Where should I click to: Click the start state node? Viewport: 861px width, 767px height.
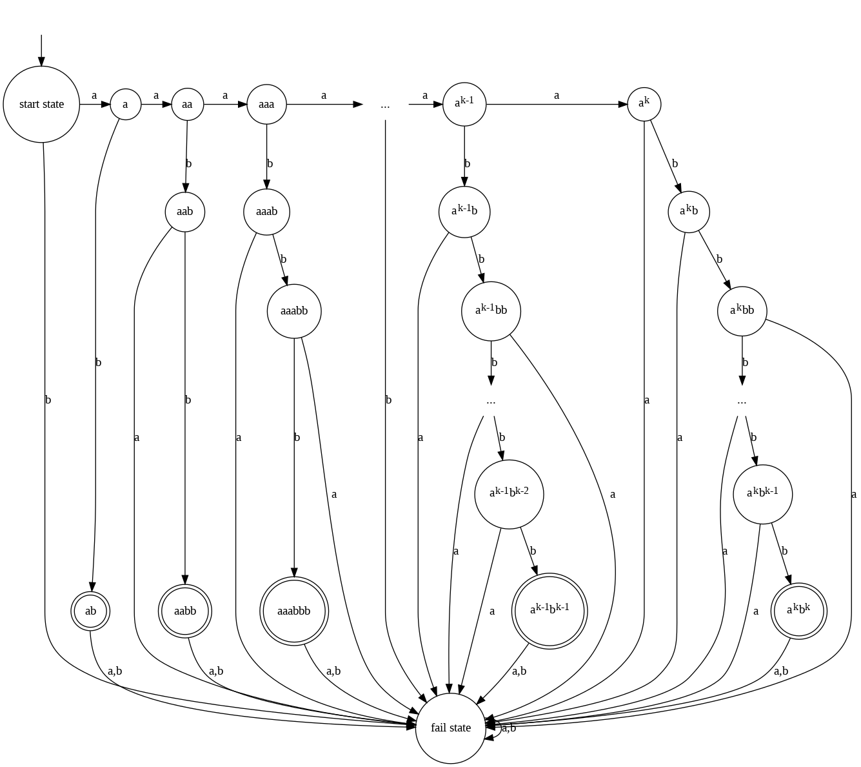coord(42,104)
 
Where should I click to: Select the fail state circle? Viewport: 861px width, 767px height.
coord(451,728)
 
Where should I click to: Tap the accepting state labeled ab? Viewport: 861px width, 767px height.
coord(90,611)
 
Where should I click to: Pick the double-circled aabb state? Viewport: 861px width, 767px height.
coord(185,611)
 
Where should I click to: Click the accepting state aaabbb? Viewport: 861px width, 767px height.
coord(294,611)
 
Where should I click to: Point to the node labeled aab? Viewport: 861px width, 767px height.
coord(185,211)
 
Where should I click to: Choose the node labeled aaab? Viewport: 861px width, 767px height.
coord(266,211)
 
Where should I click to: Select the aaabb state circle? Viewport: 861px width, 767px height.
coord(294,311)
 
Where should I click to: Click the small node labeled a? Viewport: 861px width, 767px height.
coord(125,104)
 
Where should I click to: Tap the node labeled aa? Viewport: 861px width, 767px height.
coord(187,104)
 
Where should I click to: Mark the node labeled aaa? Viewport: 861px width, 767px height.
coord(266,104)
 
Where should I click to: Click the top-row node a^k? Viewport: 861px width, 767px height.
coord(644,104)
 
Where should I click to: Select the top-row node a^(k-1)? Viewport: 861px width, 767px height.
coord(464,104)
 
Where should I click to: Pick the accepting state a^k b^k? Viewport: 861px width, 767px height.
coord(798,611)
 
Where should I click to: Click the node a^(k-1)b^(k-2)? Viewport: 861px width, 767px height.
coord(509,494)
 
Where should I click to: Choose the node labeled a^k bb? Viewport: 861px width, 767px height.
coord(742,311)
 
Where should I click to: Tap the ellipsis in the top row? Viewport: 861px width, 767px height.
coord(385,105)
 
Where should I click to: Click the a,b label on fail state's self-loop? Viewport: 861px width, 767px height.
coord(509,728)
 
